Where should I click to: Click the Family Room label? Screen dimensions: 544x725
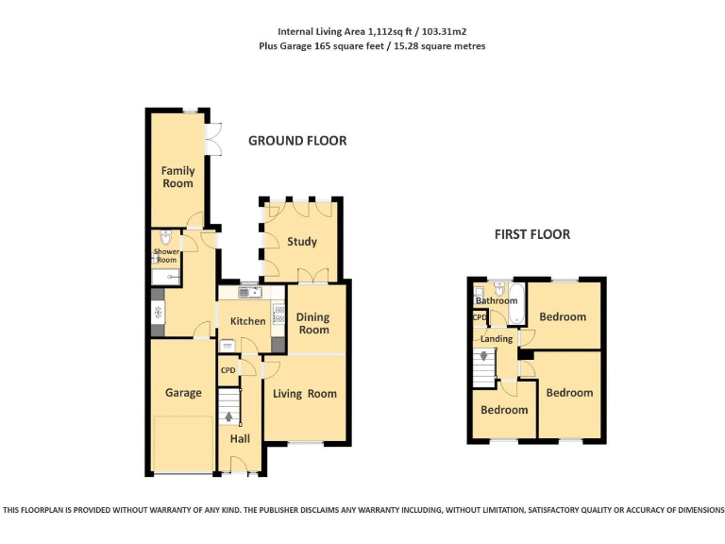coord(177,177)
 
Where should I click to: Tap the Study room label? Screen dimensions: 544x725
coord(302,242)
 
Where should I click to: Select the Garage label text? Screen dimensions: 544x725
coord(183,393)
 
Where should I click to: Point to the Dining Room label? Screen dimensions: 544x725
coord(314,323)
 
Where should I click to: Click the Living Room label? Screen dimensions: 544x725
coord(305,394)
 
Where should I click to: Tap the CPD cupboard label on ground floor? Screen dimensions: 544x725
coord(228,370)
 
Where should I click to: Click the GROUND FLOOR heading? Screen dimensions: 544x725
coord(297,141)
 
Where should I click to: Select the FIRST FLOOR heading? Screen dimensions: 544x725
coord(532,234)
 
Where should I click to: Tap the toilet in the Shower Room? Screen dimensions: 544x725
coord(165,238)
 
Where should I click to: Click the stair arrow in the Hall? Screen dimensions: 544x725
coord(228,416)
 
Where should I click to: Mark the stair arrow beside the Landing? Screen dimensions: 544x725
coord(486,357)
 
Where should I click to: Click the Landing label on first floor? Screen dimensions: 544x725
coord(497,338)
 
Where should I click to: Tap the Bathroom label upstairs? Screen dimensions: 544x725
coord(496,301)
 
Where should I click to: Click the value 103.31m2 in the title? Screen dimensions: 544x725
coord(439,31)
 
